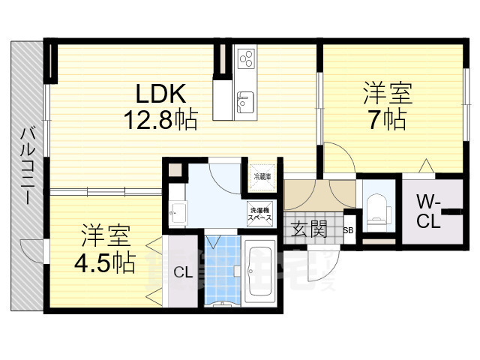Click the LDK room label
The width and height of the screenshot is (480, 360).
(160, 93)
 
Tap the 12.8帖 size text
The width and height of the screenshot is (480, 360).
(160, 118)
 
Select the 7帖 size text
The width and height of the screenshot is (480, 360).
(387, 119)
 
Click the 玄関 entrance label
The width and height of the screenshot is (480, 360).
(307, 229)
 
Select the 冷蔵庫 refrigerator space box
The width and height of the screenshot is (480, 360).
(262, 177)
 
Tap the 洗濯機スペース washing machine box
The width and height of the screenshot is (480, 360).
(262, 214)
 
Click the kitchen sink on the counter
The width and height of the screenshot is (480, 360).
(245, 102)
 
